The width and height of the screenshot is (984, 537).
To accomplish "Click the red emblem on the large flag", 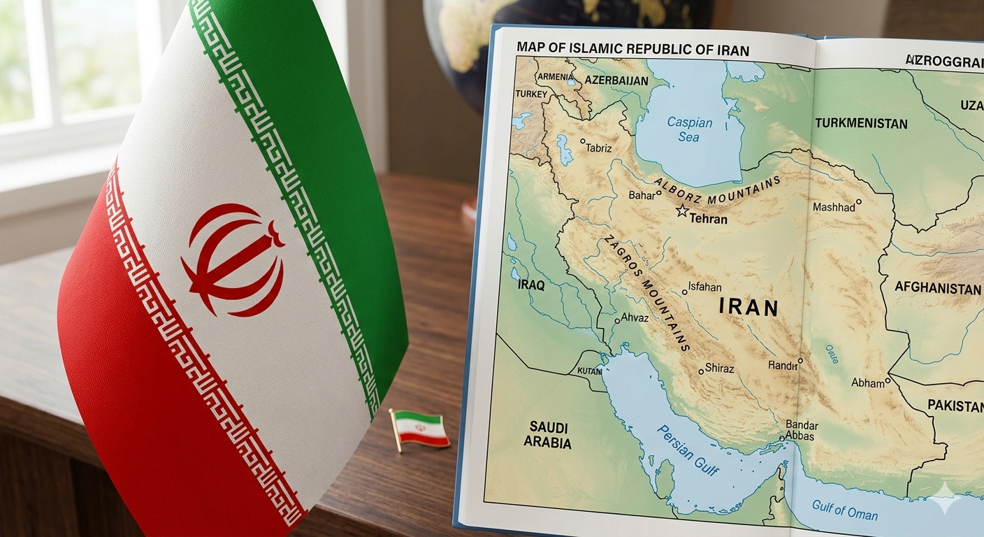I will pyautogui.click(x=234, y=259).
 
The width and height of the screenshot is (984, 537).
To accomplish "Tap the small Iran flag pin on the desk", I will pyautogui.click(x=420, y=428).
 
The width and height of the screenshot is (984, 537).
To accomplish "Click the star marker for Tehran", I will pyautogui.click(x=682, y=210).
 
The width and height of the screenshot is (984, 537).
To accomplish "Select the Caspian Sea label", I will pyautogui.click(x=689, y=129).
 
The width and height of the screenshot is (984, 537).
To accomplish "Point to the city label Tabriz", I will pyautogui.click(x=598, y=148).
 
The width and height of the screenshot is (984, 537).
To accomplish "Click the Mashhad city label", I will pyautogui.click(x=834, y=207).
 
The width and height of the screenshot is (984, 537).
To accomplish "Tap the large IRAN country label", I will pyautogui.click(x=748, y=308).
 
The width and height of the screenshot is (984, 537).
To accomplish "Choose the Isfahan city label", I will pyautogui.click(x=704, y=287).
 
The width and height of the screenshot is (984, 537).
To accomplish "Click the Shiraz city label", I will pyautogui.click(x=720, y=368).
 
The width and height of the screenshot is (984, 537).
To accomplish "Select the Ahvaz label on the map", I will pyautogui.click(x=635, y=318).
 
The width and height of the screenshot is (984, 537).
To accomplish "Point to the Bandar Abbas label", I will pyautogui.click(x=800, y=430).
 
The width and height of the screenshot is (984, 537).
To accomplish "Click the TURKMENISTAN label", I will pyautogui.click(x=861, y=124).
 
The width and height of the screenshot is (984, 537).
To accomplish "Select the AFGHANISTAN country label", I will pyautogui.click(x=938, y=288).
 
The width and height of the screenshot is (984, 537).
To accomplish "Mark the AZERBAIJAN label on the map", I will pyautogui.click(x=616, y=80).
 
